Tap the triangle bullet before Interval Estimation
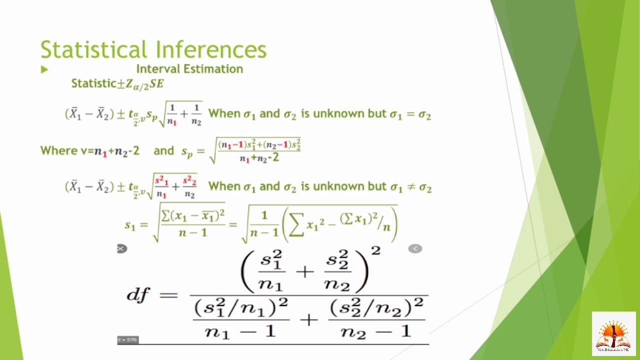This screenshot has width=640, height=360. (x=44, y=69)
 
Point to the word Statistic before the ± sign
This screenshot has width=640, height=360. (x=93, y=83)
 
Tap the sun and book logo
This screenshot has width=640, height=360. (x=613, y=333)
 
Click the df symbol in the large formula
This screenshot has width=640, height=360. (x=138, y=294)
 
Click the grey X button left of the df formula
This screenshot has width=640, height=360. (x=122, y=248)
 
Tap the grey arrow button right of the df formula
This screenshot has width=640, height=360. (x=415, y=248)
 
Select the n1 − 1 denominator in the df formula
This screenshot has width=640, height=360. (x=240, y=331)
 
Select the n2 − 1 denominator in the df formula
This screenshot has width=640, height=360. (x=376, y=331)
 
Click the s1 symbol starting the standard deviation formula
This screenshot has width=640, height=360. (x=130, y=225)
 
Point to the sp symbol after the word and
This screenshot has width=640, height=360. (x=187, y=152)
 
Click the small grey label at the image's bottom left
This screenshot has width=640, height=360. (x=127, y=340)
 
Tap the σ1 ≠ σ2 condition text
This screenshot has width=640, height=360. (x=410, y=187)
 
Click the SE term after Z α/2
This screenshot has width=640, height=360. (x=156, y=83)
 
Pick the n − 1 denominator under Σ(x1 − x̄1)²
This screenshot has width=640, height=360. (x=193, y=232)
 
